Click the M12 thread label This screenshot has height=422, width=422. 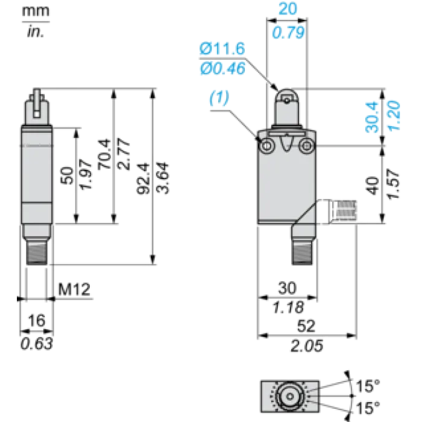click(74, 289)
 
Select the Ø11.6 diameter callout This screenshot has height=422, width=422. click(222, 49)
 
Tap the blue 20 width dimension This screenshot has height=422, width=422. click(288, 8)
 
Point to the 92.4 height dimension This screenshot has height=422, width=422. click(143, 178)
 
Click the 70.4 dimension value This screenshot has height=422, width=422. click(104, 154)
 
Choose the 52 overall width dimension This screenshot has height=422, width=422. click(306, 326)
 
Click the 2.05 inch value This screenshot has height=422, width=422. click(307, 346)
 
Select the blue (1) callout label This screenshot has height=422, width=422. click(219, 98)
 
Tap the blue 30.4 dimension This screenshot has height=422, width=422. click(372, 117)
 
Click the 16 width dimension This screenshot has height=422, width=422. click(37, 320)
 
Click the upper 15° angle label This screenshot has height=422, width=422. click(368, 386)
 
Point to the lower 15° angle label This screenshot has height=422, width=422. click(368, 408)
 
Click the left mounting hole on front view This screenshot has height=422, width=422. click(266, 146)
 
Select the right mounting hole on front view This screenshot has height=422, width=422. click(306, 146)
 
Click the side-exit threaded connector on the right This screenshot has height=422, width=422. click(343, 212)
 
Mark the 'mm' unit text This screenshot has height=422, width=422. click(36, 11)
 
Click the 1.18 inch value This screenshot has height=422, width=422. click(288, 307)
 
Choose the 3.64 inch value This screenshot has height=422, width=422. click(163, 178)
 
